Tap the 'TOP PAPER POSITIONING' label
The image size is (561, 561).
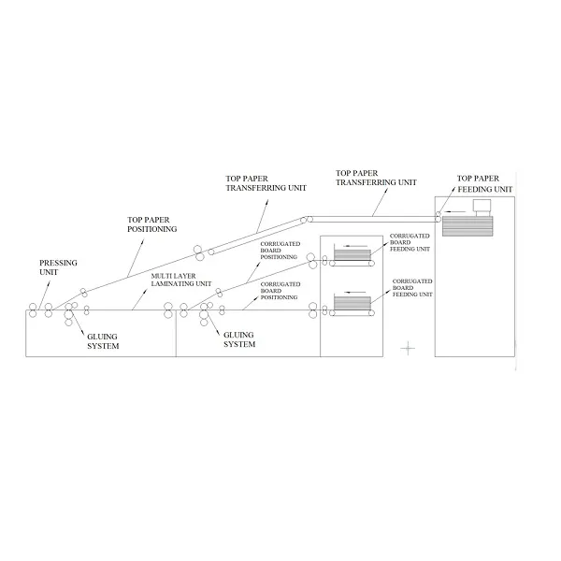pyautogui.click(x=152, y=224)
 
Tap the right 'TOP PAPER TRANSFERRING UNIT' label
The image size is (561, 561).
pyautogui.click(x=376, y=178)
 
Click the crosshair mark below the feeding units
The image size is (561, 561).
pyautogui.click(x=408, y=348)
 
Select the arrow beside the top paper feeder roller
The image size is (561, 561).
pyautogui.click(x=450, y=214)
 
